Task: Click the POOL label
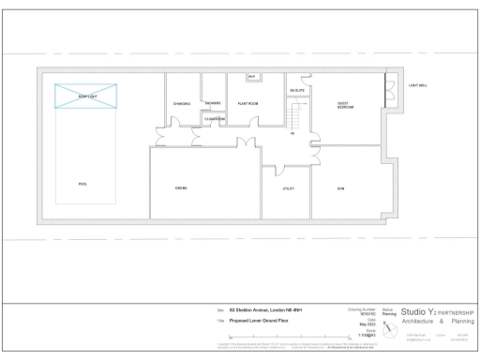(x=83, y=184)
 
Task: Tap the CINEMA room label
(x=181, y=188)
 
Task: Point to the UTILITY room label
(x=289, y=188)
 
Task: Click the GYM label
(x=340, y=188)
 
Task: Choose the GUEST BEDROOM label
(x=345, y=106)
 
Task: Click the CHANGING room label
(x=182, y=103)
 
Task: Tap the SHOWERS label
(x=213, y=102)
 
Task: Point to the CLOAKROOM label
(x=215, y=118)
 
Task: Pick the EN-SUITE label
(x=297, y=92)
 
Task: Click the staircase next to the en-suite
(x=298, y=117)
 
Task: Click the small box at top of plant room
(x=251, y=76)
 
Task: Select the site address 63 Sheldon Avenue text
(x=266, y=309)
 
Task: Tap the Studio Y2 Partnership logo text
(x=437, y=311)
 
